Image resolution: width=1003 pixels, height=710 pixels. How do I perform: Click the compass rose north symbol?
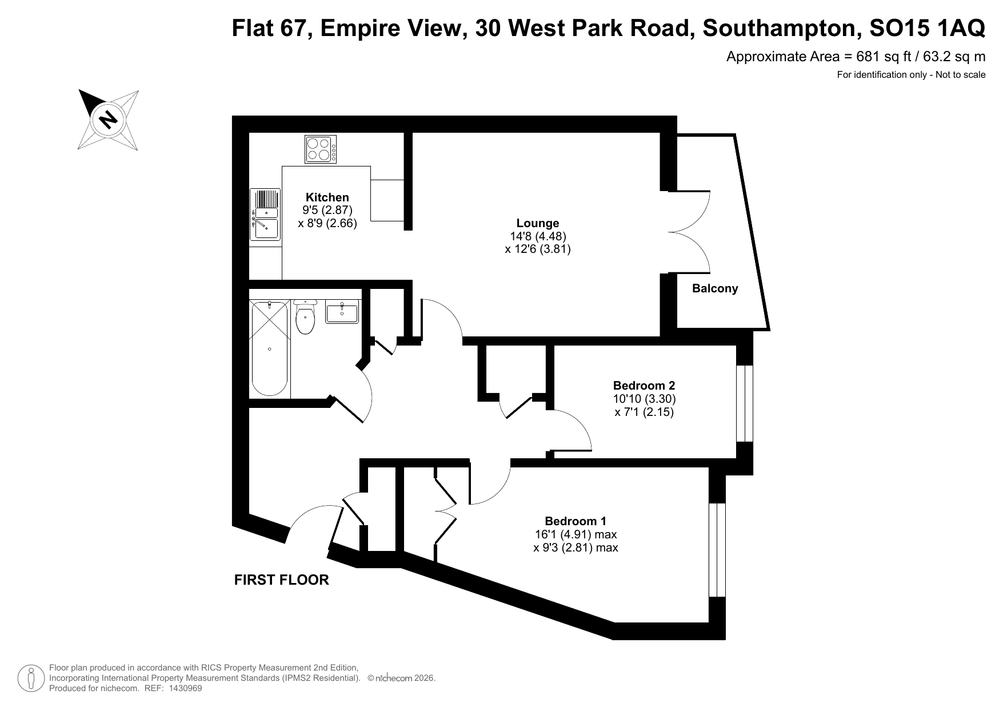[x=108, y=120]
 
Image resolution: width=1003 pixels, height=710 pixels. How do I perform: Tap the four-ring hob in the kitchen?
[x=321, y=149]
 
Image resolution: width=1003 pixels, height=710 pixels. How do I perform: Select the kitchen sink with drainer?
[x=265, y=215]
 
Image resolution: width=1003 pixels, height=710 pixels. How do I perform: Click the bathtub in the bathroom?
[x=269, y=348]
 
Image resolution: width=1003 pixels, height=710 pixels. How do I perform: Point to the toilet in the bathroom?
[x=306, y=317]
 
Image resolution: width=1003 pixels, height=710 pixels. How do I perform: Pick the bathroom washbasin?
[x=342, y=312]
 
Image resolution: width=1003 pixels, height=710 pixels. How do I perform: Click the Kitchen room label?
[x=327, y=198]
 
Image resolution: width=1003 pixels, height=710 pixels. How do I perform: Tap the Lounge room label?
[x=538, y=223]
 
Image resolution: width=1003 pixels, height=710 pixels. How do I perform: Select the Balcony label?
[x=715, y=288]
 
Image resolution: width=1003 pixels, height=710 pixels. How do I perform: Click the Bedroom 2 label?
[x=644, y=385]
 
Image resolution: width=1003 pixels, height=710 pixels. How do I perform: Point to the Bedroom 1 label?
[x=576, y=521]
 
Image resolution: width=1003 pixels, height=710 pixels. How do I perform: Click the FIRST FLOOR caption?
[x=282, y=580]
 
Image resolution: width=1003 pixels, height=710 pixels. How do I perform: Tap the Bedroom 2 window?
[x=745, y=403]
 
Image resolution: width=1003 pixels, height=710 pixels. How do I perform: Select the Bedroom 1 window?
[x=717, y=550]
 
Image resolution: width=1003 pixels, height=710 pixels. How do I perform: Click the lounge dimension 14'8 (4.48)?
[x=538, y=236]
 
